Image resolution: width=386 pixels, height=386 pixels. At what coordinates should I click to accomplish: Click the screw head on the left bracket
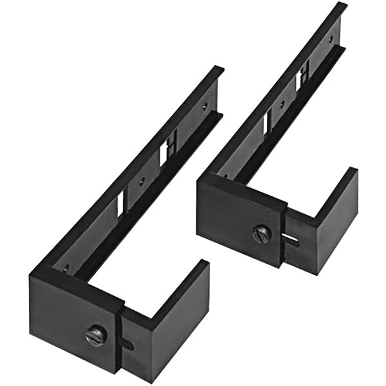[96, 335]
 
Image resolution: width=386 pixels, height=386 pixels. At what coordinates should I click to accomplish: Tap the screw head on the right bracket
[261, 232]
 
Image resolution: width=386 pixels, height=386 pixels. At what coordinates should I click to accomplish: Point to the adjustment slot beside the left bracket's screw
[129, 344]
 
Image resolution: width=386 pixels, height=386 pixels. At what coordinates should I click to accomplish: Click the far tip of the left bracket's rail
[218, 69]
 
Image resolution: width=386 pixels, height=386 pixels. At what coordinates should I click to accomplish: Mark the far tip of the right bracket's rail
[341, 6]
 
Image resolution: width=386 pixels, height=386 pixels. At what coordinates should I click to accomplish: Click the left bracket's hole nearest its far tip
[205, 104]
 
